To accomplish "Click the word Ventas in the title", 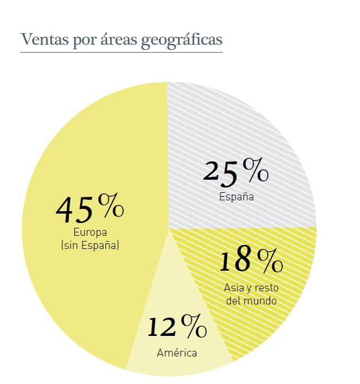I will coord(39,39).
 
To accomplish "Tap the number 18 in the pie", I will coord(235,260).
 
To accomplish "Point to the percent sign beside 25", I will coord(255,169).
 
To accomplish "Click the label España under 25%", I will coord(236,196).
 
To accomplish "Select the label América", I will coord(177,353).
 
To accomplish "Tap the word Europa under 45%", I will coord(90,232).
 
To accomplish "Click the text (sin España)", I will coord(90,246).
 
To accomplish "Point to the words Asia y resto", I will coord(251,288).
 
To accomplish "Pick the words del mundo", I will coord(251,300).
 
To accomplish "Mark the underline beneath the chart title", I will coord(121,53).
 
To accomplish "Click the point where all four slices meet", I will coord(168,227).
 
